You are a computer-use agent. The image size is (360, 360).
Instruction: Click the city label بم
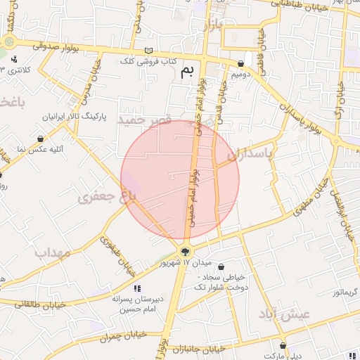click(x=187, y=71)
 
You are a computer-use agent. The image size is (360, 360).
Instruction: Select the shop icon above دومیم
click(x=241, y=63)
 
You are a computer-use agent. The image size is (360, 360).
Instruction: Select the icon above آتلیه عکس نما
click(x=41, y=139)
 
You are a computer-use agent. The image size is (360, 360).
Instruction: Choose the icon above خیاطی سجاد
click(x=222, y=267)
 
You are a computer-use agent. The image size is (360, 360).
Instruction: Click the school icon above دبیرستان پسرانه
click(x=137, y=288)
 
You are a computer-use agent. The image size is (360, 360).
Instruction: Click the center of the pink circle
click(x=180, y=179)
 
